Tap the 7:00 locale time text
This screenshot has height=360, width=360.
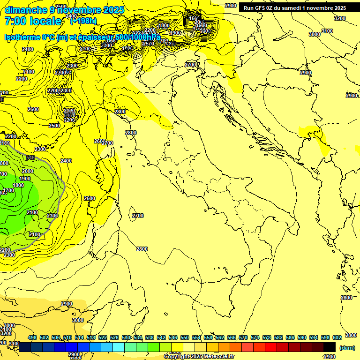[x=33, y=21]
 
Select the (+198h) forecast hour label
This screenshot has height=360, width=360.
[x=83, y=21]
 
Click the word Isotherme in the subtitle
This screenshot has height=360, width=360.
[x=22, y=37]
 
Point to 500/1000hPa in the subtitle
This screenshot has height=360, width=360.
[x=138, y=37]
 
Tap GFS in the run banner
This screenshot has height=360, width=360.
[x=263, y=8]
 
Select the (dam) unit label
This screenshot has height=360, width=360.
[x=346, y=347]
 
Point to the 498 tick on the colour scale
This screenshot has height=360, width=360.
[x=32, y=337]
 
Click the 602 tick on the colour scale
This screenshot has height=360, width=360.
[x=337, y=337]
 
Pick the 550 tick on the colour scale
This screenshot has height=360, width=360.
[x=185, y=337]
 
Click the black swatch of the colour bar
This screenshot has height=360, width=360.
[x=330, y=347]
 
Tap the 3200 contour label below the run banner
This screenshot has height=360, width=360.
[x=339, y=18]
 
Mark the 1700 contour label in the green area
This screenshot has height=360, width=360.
[x=9, y=191]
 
